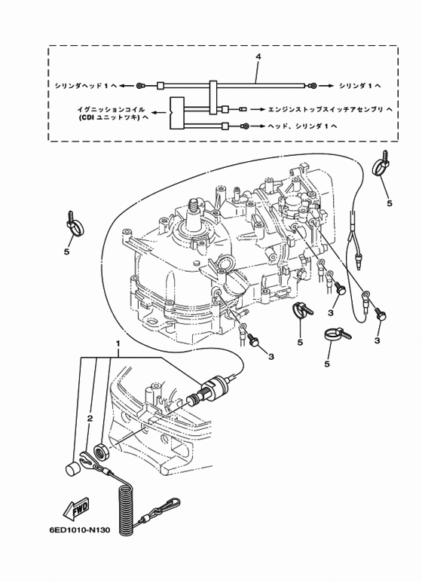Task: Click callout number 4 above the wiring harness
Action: (258, 58)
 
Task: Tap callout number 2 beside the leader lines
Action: (90, 418)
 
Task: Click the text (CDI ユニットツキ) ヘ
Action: (112, 119)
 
